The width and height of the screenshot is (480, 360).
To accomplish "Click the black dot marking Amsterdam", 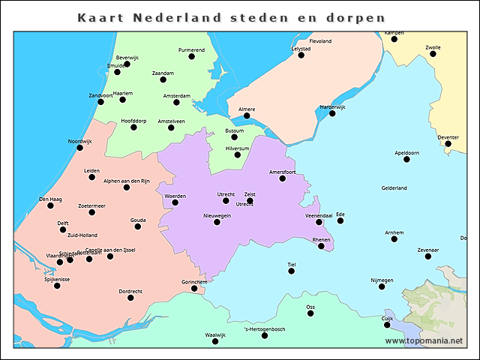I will (176, 102).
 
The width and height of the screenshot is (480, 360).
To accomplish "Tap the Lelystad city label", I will (301, 49).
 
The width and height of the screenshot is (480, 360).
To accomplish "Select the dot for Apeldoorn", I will (406, 159).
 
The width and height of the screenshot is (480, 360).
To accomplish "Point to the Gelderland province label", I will (394, 188).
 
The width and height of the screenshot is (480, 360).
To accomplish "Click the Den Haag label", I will (50, 199).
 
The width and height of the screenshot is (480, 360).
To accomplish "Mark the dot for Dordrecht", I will (130, 298).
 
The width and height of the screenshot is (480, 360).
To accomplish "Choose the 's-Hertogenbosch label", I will (265, 329).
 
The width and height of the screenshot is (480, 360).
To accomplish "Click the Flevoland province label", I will (320, 41).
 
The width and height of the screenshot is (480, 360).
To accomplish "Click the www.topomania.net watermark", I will (424, 340).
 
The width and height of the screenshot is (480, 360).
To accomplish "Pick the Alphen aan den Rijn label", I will (127, 181).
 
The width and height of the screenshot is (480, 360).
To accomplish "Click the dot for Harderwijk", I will (332, 113).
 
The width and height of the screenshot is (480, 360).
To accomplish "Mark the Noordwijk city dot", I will (79, 148).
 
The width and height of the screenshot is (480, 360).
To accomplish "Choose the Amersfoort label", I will (283, 172).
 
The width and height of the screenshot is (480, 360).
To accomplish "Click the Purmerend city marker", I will (191, 56).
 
